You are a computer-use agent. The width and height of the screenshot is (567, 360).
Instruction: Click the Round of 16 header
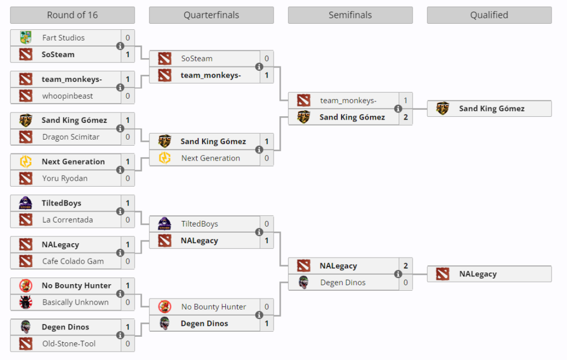[72, 15]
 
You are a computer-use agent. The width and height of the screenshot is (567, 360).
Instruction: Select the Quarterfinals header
[211, 15]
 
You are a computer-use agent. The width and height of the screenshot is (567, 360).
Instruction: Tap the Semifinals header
[350, 15]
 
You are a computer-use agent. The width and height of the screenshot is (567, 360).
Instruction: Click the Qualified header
[489, 15]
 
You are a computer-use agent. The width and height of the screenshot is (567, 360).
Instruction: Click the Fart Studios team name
[63, 38]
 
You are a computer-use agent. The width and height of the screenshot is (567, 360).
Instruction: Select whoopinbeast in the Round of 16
[68, 96]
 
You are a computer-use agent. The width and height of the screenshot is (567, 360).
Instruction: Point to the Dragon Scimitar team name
[70, 137]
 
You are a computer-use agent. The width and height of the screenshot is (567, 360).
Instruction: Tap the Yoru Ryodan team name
[65, 178]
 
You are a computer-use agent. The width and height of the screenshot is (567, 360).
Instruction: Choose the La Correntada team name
[68, 220]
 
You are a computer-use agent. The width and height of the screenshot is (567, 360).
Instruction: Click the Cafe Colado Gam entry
[73, 261]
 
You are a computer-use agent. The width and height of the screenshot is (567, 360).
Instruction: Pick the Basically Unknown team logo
[25, 302]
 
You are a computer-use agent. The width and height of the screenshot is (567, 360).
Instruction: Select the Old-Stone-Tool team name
[69, 344]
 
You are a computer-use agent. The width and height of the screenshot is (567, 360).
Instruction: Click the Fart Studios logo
[25, 38]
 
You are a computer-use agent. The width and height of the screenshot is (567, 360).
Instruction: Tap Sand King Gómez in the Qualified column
[492, 109]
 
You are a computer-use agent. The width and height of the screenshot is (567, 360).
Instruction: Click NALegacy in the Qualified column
[478, 274]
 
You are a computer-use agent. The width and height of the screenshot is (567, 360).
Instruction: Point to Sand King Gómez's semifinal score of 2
[405, 117]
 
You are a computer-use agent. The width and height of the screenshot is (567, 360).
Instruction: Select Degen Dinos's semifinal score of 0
[405, 282]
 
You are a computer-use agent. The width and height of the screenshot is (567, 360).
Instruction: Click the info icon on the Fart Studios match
[120, 46]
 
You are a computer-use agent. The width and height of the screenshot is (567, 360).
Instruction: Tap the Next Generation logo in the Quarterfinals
[164, 158]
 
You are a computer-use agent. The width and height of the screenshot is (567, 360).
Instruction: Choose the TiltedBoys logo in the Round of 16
[25, 203]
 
